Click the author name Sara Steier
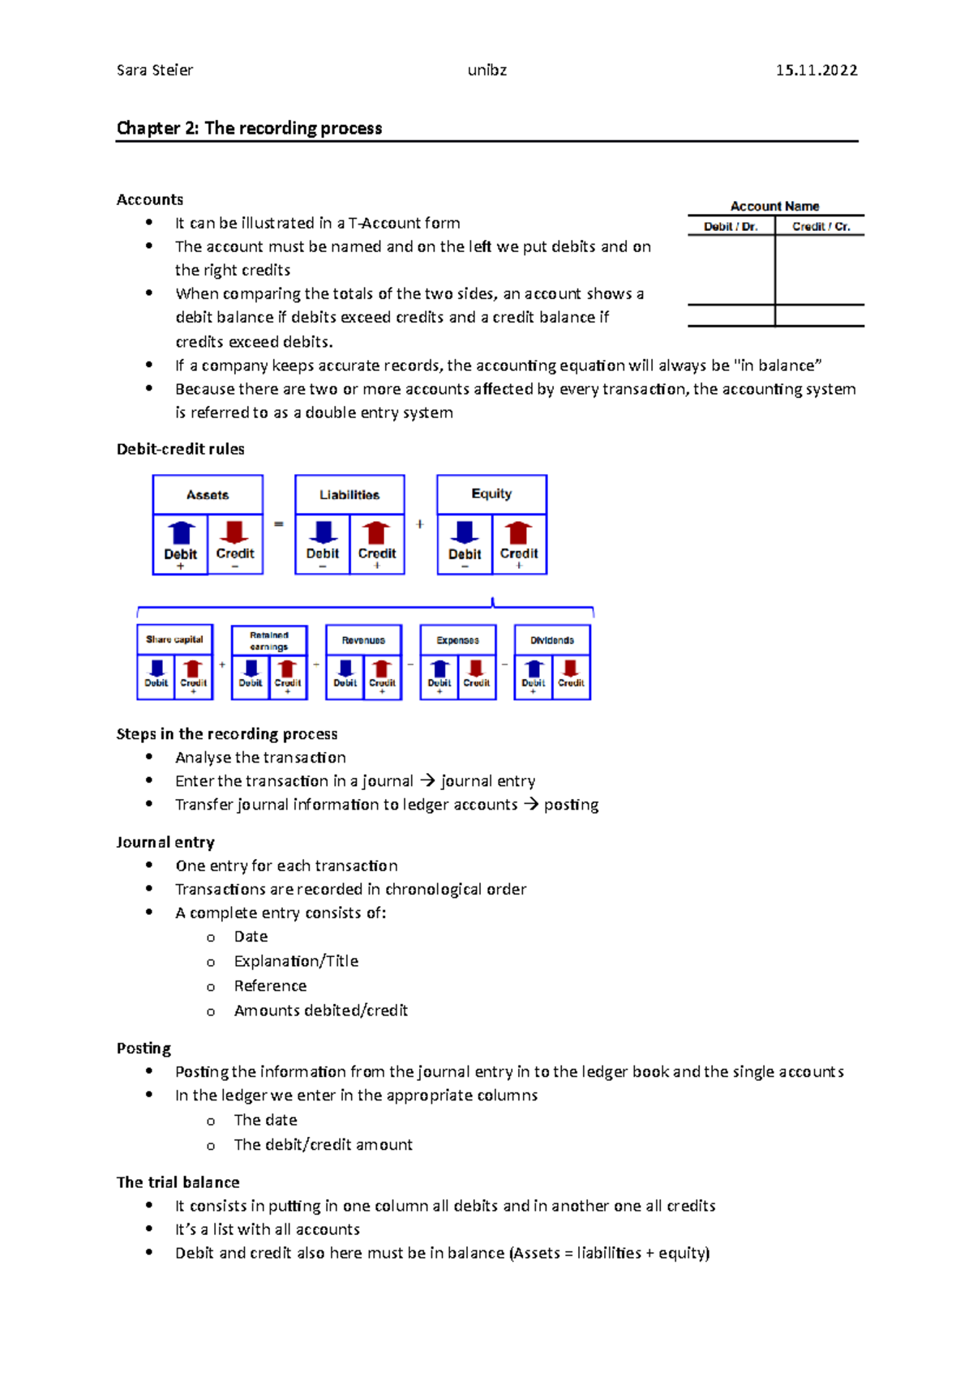pos(154,71)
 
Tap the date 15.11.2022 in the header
pos(816,71)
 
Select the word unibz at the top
pos(486,71)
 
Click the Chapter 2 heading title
pos(249,128)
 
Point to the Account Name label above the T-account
pos(774,206)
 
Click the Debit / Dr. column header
pos(731,227)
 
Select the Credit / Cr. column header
pos(821,227)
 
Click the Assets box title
pos(208,494)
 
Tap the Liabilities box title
pos(349,494)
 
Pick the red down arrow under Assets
pos(234,532)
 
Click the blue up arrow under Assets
pos(181,532)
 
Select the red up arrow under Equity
pos(519,532)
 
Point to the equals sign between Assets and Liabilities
pos(279,524)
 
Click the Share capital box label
pos(174,639)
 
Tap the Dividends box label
pos(552,640)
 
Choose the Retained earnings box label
pos(269,640)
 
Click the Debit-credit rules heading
pos(180,449)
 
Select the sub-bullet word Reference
pos(270,986)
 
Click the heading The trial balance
pos(178,1182)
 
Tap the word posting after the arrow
pos(571,805)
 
